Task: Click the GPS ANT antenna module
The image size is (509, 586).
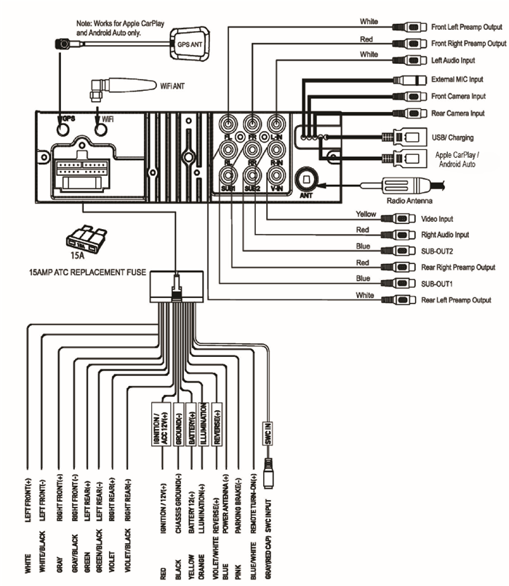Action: [x=191, y=42]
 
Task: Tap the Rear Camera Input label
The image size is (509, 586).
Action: [x=457, y=113]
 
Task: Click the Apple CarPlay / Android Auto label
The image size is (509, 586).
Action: [x=459, y=160]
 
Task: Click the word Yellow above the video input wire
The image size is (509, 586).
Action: [x=366, y=214]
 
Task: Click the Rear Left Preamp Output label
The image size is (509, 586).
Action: [x=456, y=300]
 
